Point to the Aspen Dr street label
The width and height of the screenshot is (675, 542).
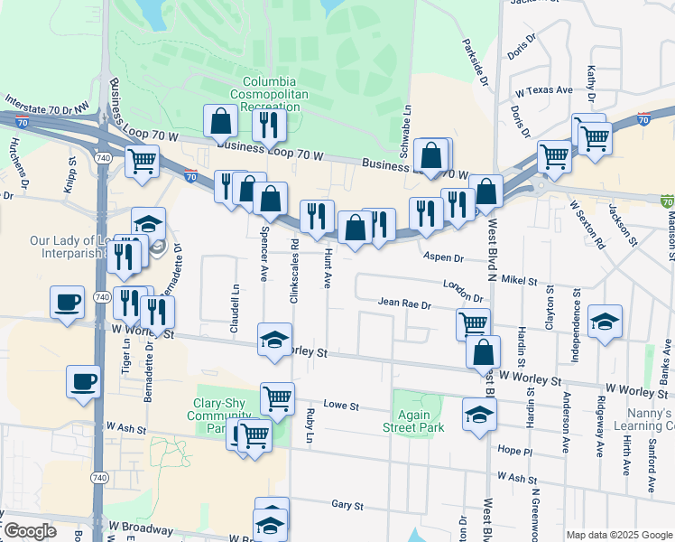tap(443, 257)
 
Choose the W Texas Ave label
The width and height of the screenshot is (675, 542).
tap(544, 91)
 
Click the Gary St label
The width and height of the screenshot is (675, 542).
tap(347, 505)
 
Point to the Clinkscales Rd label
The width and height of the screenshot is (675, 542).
tap(295, 259)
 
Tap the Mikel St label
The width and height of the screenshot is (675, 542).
tap(519, 281)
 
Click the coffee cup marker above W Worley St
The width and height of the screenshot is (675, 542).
tap(67, 302)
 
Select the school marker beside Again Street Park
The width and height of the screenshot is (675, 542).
tap(479, 413)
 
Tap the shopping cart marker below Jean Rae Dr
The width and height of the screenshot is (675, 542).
tap(473, 322)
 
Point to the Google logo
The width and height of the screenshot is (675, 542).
tap(30, 531)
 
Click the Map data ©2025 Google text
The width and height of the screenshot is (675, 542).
tap(618, 535)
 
